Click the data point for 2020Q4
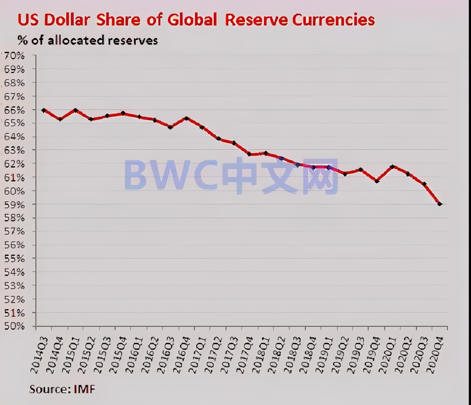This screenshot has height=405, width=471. tap(439, 204)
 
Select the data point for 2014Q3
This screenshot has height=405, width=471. tap(43, 110)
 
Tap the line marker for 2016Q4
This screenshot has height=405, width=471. tap(187, 118)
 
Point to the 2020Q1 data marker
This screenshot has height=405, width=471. tap(392, 166)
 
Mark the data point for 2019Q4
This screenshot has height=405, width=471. tap(376, 181)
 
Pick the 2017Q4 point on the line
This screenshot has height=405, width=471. tap(249, 154)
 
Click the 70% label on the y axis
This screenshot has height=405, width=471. tap(14, 56)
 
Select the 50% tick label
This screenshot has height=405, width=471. tap(14, 326)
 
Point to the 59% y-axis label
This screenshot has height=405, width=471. tap(14, 204)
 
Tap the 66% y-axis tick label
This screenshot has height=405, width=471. tap(14, 110)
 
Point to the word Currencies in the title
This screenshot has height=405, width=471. tap(333, 20)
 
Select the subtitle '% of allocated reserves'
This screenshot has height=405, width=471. tap(88, 40)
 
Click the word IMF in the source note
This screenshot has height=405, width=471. tap(84, 389)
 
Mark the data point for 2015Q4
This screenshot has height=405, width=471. tap(123, 113)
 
